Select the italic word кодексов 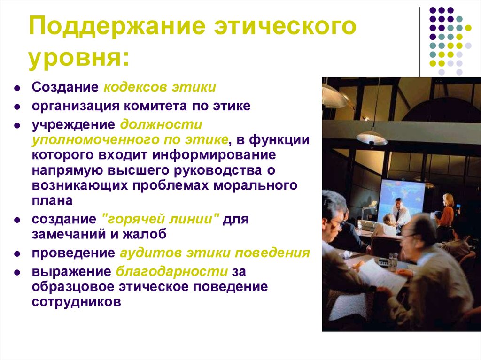point(131,88)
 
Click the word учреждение point(73,125)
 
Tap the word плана point(52,200)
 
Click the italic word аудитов point(149,253)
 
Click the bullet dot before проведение point(16,254)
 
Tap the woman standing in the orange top point(447,211)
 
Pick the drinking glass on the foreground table point(393,261)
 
